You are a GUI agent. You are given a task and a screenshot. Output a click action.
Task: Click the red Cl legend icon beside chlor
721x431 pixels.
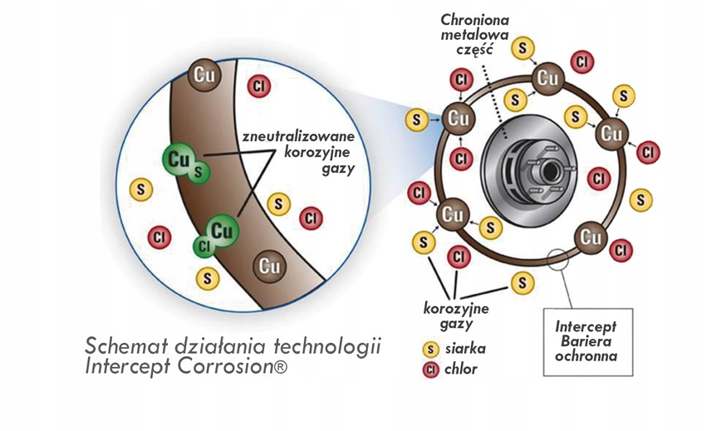point(431,370)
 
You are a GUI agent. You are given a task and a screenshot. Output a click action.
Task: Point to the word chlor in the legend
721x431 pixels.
point(461,370)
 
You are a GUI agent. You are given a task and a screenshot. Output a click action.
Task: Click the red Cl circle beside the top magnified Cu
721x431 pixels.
point(259,86)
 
